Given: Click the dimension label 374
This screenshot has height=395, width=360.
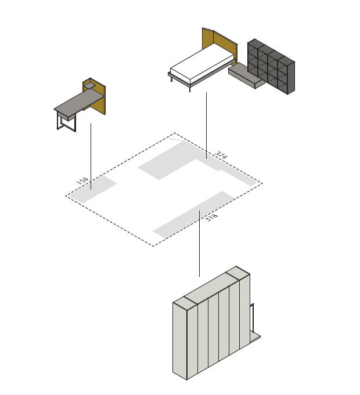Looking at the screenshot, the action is (x=221, y=155).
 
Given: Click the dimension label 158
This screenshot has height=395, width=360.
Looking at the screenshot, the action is (x=82, y=180).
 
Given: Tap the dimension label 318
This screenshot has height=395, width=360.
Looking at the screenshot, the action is (x=211, y=218).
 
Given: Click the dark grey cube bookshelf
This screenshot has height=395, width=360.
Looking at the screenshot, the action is (x=271, y=66).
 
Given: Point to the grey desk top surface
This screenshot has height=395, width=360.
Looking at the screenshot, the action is (x=79, y=102).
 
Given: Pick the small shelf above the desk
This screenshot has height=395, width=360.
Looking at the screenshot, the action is (x=89, y=86).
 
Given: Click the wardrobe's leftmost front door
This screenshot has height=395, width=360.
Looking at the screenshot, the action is (x=180, y=340).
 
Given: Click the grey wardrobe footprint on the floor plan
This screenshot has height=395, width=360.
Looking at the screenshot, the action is (x=193, y=215).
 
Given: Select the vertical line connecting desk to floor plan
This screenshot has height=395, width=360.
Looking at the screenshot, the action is (x=91, y=156).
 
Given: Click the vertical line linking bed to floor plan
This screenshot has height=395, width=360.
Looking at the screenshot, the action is (x=207, y=125).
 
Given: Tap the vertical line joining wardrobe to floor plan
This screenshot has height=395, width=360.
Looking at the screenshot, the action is (x=199, y=244).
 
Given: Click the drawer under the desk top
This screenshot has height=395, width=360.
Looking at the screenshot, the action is (x=67, y=117).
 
